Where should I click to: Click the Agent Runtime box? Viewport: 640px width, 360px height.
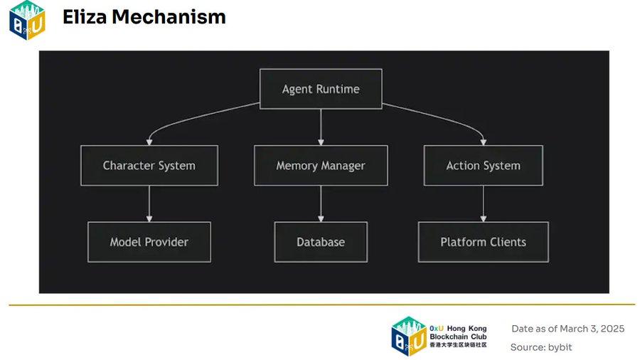pyautogui.click(x=321, y=89)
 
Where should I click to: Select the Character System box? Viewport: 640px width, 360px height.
pyautogui.click(x=149, y=165)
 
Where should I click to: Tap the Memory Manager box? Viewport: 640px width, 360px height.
pyautogui.click(x=321, y=165)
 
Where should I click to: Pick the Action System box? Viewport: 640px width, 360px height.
pyautogui.click(x=484, y=165)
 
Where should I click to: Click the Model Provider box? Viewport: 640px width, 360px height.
pyautogui.click(x=149, y=242)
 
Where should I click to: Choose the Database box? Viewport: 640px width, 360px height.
pyautogui.click(x=321, y=242)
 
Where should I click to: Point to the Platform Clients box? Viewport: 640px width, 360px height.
pyautogui.click(x=484, y=242)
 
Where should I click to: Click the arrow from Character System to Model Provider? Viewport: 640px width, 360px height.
pyautogui.click(x=149, y=203)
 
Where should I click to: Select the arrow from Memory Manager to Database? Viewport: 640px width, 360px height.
pyautogui.click(x=321, y=203)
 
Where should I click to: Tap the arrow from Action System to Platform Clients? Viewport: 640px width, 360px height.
pyautogui.click(x=484, y=203)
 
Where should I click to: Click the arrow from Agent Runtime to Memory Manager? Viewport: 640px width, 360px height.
pyautogui.click(x=321, y=127)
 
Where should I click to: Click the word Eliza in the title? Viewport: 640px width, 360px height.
pyautogui.click(x=85, y=17)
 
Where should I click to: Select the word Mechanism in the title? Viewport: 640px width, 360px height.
pyautogui.click(x=169, y=17)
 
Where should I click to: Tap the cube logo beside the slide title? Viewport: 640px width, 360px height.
pyautogui.click(x=27, y=21)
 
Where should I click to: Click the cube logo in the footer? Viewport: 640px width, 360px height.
pyautogui.click(x=409, y=337)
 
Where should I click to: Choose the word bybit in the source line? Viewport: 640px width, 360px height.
pyautogui.click(x=560, y=347)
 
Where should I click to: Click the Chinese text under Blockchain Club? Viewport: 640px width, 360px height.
pyautogui.click(x=458, y=345)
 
